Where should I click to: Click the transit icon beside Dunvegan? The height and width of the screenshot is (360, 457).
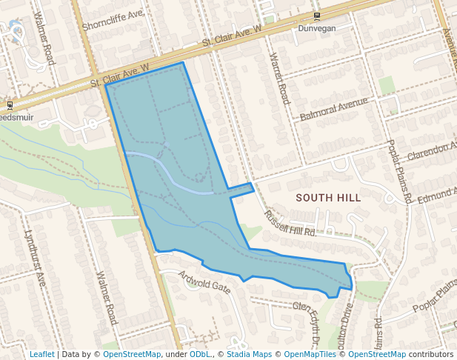coord(317,16)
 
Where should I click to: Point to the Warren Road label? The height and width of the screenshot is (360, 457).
coord(279,77)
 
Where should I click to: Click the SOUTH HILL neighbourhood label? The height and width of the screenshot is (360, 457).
coord(328,198)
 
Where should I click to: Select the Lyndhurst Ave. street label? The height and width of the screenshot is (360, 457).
coord(35,256)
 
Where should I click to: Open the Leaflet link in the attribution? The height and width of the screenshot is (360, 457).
coord(41,354)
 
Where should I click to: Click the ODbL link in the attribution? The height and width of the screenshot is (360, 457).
coord(199,354)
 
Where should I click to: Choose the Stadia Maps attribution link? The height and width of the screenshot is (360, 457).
coord(249,354)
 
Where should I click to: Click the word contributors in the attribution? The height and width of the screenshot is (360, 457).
coord(431,354)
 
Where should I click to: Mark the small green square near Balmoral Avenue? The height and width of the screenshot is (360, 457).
coord(387,86)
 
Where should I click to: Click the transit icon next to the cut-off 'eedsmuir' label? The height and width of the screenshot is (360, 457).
coord(10,105)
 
